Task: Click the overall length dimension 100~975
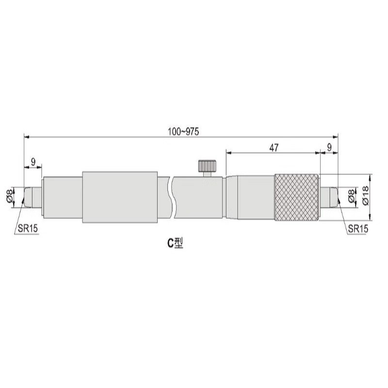(x=183, y=131)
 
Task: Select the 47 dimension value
(x=274, y=148)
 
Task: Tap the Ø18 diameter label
(x=366, y=195)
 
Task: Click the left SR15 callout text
(x=28, y=228)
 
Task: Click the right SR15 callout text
(x=358, y=228)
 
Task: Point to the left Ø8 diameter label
(x=10, y=196)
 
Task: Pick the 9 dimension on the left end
(x=33, y=162)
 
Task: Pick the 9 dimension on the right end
(x=329, y=148)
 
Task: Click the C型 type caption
(x=175, y=243)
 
